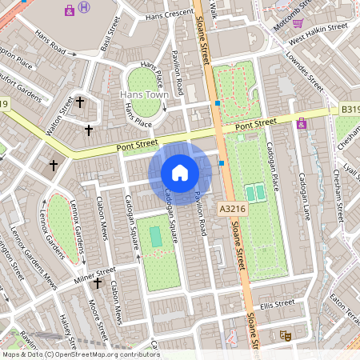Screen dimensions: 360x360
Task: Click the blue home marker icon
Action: [180, 172]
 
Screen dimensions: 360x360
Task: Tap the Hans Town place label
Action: [142, 95]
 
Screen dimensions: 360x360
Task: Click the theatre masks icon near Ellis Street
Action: [282, 337]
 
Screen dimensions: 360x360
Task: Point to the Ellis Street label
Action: [278, 303]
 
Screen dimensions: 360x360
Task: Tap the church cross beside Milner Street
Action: [98, 283]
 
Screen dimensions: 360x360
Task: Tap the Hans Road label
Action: [50, 42]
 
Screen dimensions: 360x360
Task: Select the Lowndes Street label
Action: [305, 71]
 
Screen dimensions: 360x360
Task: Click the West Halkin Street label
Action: [318, 34]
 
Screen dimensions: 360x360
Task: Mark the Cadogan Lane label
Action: [303, 196]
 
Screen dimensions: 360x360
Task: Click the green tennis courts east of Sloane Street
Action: [255, 193]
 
